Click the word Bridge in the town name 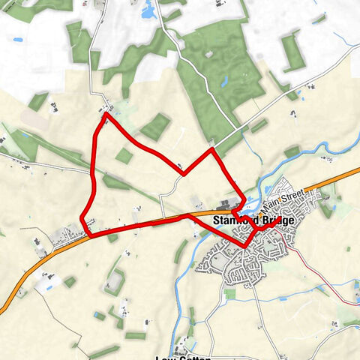tap(268, 221)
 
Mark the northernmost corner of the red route tap(106, 114)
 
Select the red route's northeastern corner tap(212, 149)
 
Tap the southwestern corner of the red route tap(90, 235)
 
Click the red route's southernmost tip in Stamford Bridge tap(247, 246)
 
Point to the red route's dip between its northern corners tap(184, 174)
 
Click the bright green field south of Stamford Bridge tap(229, 294)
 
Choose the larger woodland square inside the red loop tap(155, 127)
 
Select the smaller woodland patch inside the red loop tap(123, 155)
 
